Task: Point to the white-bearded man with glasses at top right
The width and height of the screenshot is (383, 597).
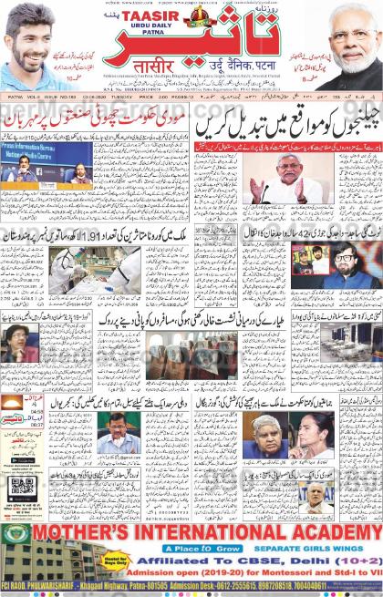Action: pos(353,36)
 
